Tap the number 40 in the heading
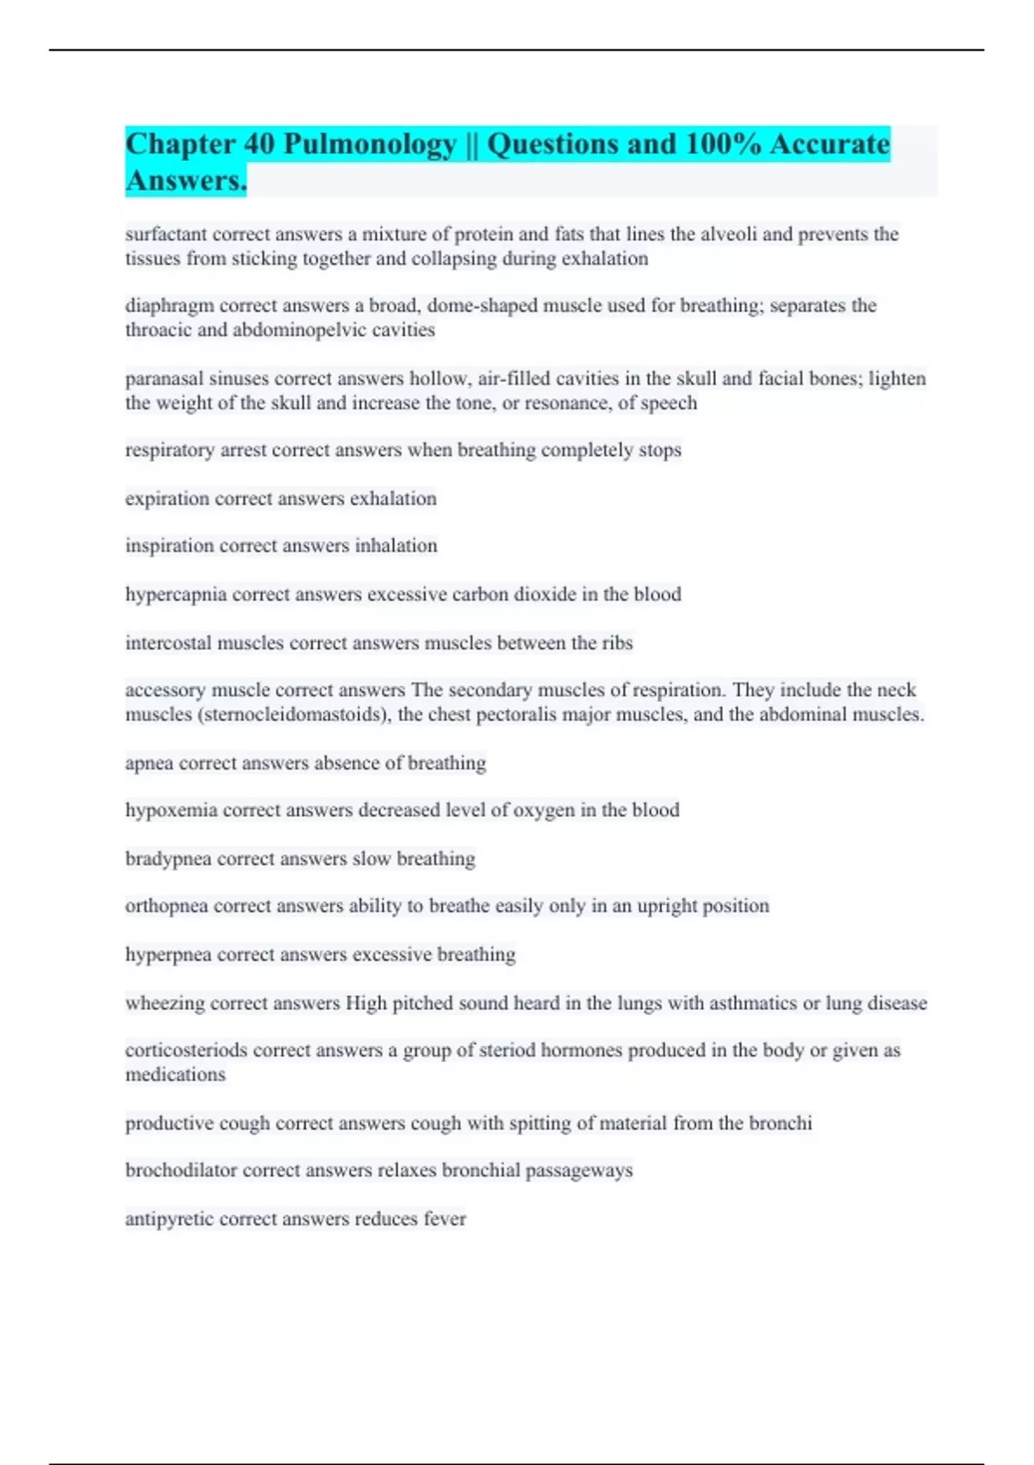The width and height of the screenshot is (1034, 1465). pyautogui.click(x=258, y=144)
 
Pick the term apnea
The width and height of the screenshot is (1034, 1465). pyautogui.click(x=149, y=764)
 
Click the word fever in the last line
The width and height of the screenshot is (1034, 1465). pyautogui.click(x=445, y=1219)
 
